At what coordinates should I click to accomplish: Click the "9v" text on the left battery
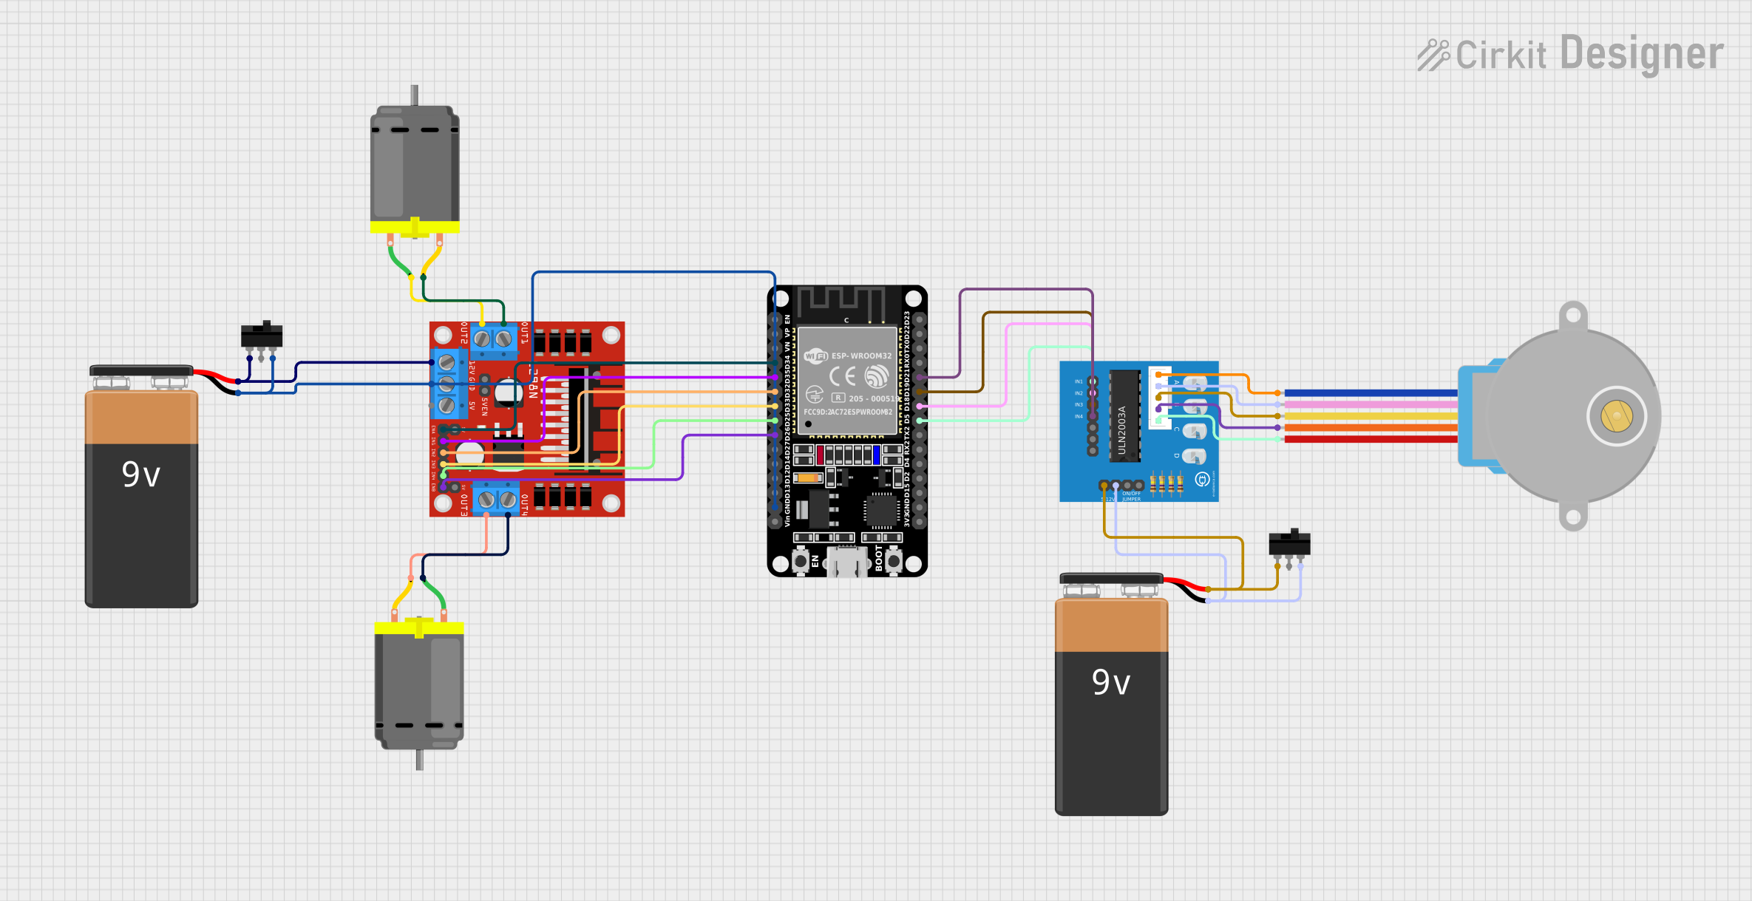click(x=140, y=475)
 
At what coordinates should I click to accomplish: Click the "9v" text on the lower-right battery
click(x=1110, y=682)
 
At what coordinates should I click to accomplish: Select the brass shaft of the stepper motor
click(x=1616, y=416)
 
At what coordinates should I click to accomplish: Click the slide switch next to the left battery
click(x=262, y=336)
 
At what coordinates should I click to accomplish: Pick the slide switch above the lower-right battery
click(x=1289, y=544)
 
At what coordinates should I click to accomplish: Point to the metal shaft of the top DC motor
click(x=415, y=95)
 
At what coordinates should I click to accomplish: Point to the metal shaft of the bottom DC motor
click(x=419, y=760)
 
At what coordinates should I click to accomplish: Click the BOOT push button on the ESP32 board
click(x=894, y=560)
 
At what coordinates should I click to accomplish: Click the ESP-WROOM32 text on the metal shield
click(x=861, y=356)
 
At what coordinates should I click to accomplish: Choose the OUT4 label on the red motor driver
click(x=524, y=504)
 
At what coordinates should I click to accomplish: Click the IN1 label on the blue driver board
click(x=1079, y=381)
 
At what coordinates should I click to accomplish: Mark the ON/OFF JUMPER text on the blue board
click(x=1131, y=496)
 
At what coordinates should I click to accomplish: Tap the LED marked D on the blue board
click(x=1193, y=455)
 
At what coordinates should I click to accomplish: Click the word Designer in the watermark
click(x=1642, y=53)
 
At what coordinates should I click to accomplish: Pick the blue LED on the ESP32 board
click(x=876, y=454)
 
